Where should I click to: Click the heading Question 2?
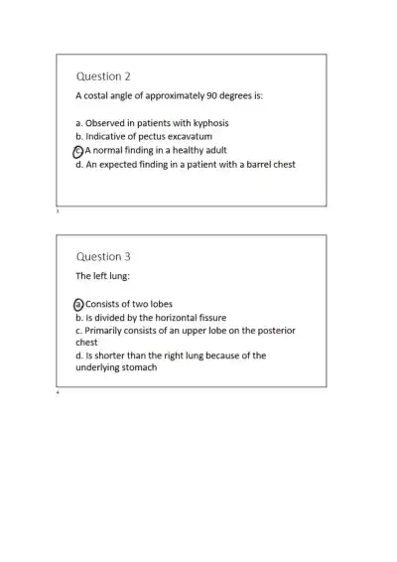tap(103, 76)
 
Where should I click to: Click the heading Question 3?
tap(103, 256)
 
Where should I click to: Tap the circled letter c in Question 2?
tap(79, 151)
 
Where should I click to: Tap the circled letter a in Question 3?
tap(79, 304)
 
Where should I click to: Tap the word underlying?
tap(98, 367)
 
